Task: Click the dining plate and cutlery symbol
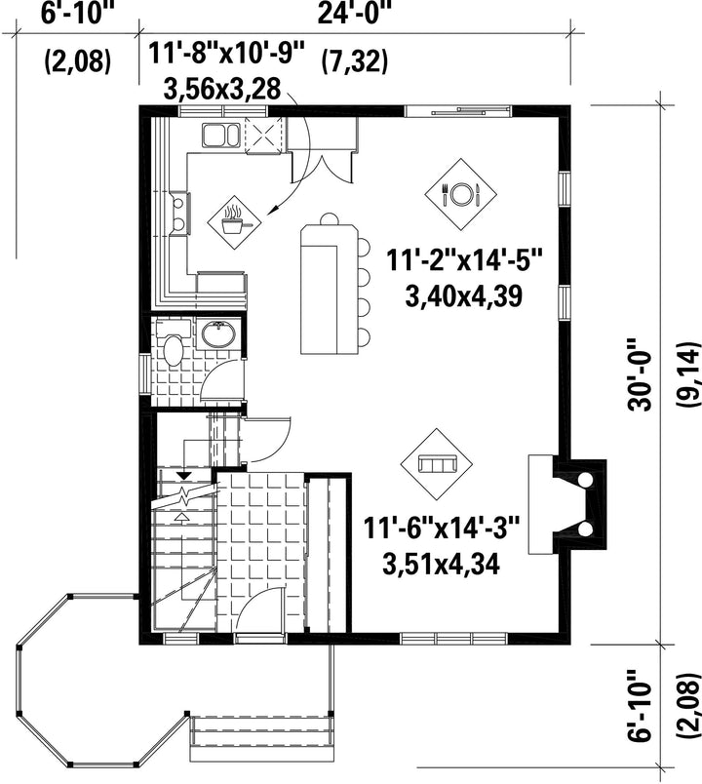coord(460,194)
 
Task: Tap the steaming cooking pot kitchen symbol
coord(235,222)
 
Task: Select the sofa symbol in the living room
coord(438,464)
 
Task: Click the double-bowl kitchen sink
coord(220,136)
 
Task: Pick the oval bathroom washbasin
coord(218,334)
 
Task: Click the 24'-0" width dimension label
coord(354,14)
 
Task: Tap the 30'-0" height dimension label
coord(641,375)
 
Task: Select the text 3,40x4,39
coord(463,296)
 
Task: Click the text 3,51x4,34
coord(441,564)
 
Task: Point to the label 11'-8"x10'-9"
coord(226,54)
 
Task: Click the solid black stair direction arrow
coord(184,476)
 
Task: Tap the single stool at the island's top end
coord(329,219)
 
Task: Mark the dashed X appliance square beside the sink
coord(263,135)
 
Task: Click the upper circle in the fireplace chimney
coord(584,480)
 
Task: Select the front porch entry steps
coord(260,730)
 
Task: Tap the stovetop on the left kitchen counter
coord(180,214)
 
